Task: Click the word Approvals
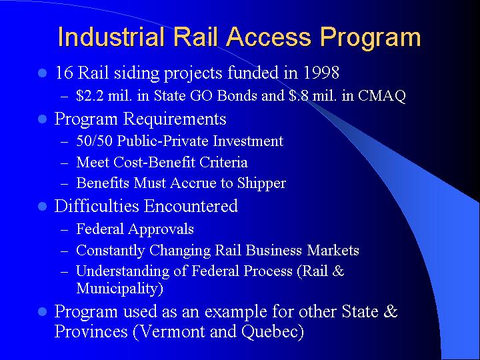(x=161, y=229)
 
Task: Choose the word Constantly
(x=107, y=251)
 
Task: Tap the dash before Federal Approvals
(x=65, y=230)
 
